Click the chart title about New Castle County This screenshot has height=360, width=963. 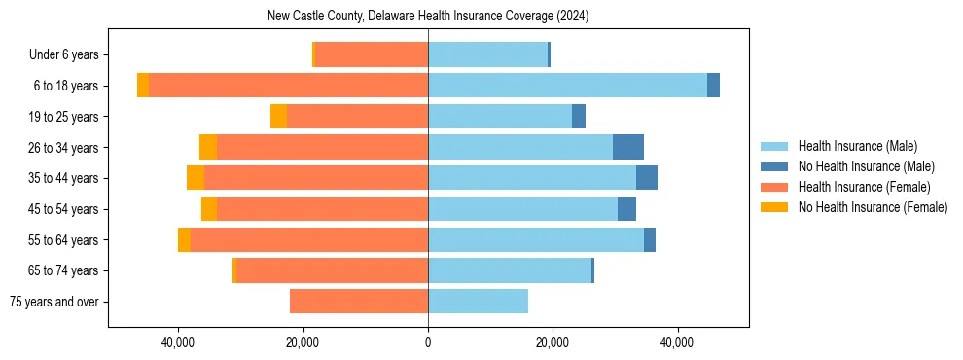pyautogui.click(x=428, y=17)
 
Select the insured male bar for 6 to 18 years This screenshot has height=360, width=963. pyautogui.click(x=567, y=86)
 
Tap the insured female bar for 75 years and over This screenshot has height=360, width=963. pyautogui.click(x=359, y=302)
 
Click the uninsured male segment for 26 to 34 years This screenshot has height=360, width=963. pyautogui.click(x=628, y=147)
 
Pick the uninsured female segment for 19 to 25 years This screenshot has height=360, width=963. pyautogui.click(x=278, y=117)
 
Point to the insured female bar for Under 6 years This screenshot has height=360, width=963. pyautogui.click(x=372, y=54)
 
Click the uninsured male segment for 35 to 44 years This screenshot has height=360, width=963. pyautogui.click(x=647, y=178)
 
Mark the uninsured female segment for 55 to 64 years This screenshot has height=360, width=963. pyautogui.click(x=185, y=240)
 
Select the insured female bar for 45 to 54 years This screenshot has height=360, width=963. pyautogui.click(x=322, y=209)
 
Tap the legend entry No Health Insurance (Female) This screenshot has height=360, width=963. pyautogui.click(x=872, y=207)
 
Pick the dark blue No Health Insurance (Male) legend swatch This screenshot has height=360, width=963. pyautogui.click(x=775, y=166)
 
